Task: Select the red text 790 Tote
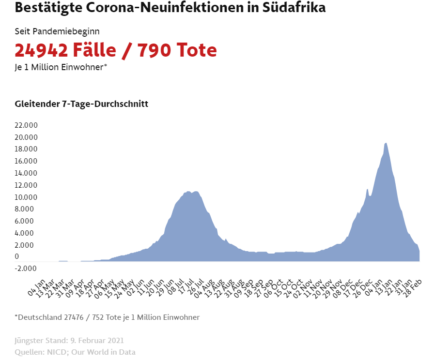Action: coord(176,50)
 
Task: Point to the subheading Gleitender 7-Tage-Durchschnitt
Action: coord(81,104)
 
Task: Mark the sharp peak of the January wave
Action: coord(386,143)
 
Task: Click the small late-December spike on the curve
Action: coord(368,189)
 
